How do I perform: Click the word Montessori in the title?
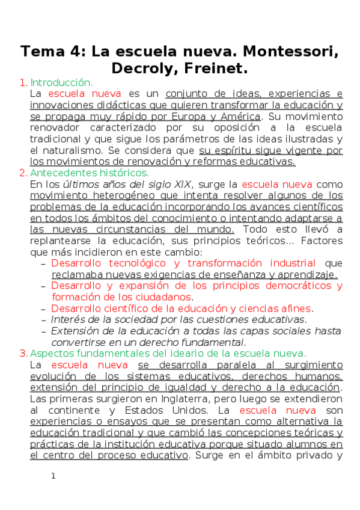[290, 52]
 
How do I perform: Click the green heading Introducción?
[61, 82]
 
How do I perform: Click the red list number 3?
[23, 353]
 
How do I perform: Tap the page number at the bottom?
[53, 476]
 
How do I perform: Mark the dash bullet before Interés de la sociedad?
[43, 319]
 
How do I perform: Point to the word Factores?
[322, 241]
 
